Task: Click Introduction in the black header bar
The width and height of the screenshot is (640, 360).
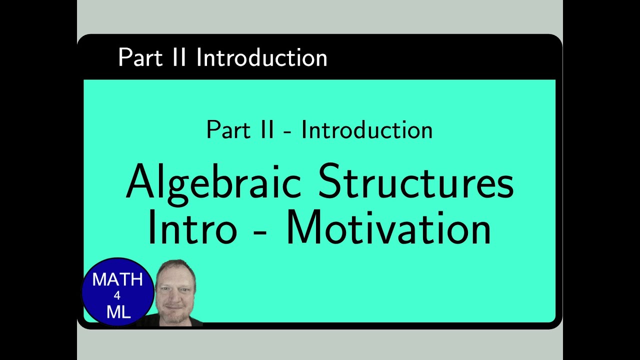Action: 261,58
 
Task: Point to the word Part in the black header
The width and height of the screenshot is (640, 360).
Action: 139,58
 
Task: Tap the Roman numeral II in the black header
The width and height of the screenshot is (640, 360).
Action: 177,58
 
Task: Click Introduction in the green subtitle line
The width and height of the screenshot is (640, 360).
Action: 366,130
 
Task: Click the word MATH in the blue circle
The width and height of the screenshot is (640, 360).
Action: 117,279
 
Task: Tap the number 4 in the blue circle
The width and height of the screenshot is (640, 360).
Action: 117,296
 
